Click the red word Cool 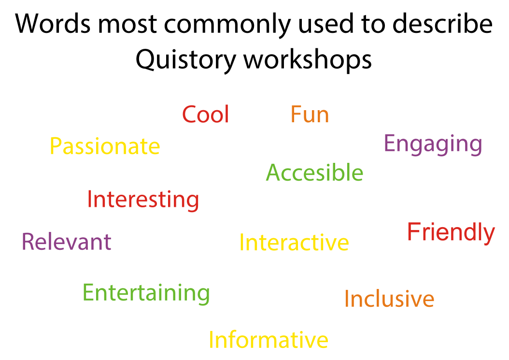click(x=205, y=115)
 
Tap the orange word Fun click(x=310, y=115)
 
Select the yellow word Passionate click(x=105, y=146)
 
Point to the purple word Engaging click(x=433, y=144)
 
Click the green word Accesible click(x=314, y=173)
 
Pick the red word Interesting click(x=143, y=200)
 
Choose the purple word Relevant click(x=67, y=242)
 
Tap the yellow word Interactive click(x=294, y=243)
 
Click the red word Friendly click(x=451, y=232)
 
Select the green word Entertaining click(x=146, y=293)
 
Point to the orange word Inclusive click(x=389, y=299)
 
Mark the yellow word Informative click(x=268, y=340)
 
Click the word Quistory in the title click(x=185, y=60)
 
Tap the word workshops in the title click(x=307, y=60)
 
